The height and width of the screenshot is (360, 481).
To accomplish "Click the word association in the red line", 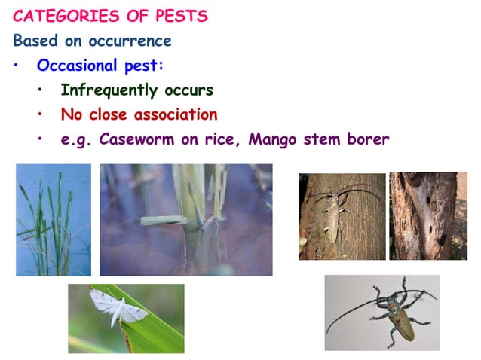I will click(175, 114).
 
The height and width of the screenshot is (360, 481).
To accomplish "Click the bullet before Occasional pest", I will click(17, 66).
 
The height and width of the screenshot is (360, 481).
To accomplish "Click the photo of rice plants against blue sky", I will click(53, 219).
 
